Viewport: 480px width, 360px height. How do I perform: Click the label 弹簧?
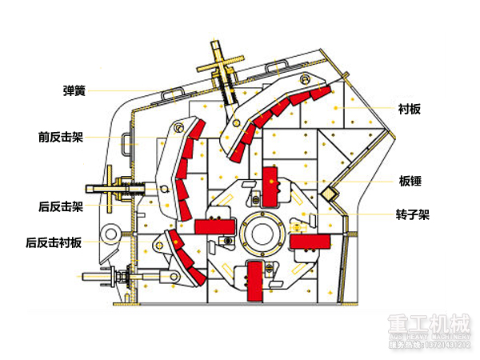[74, 90]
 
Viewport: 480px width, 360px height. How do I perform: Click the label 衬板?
[410, 109]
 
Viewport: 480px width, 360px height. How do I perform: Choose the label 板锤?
[410, 179]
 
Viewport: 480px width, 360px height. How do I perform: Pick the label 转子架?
[413, 214]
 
